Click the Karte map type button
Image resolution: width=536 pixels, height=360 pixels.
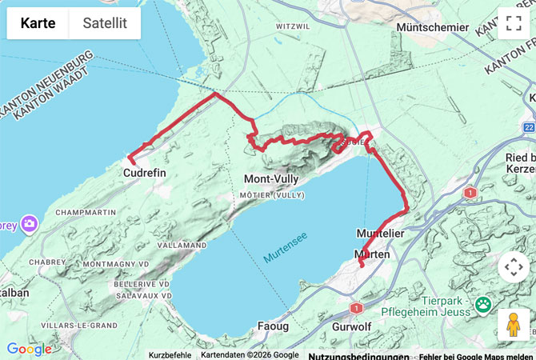[38, 23]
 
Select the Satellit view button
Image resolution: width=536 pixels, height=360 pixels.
[105, 23]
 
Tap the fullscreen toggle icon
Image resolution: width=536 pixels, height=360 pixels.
[513, 22]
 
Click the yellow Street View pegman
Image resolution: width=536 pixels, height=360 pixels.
[513, 325]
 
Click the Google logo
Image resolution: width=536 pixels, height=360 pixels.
[29, 350]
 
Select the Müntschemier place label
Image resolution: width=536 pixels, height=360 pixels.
[433, 27]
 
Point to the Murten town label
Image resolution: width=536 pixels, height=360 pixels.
[372, 254]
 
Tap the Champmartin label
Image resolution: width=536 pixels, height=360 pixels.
[82, 214]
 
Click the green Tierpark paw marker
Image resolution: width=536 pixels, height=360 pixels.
[483, 304]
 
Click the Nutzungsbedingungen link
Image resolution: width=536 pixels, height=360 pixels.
[358, 355]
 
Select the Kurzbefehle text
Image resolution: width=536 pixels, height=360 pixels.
[170, 355]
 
